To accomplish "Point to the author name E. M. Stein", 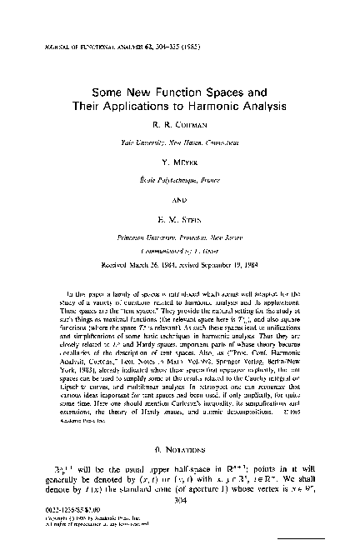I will (x=179, y=219).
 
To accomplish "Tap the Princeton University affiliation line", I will (x=179, y=237).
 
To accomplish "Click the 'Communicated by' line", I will (x=179, y=247).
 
